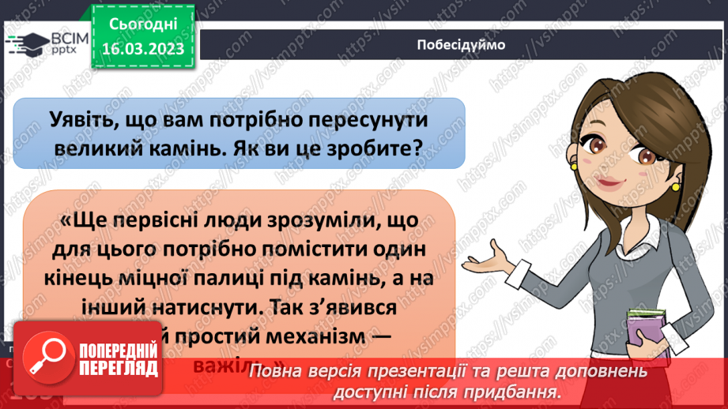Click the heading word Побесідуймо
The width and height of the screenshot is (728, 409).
[460, 43]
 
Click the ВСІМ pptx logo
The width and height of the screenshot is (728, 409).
[43, 42]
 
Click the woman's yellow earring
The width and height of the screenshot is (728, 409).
[676, 186]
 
